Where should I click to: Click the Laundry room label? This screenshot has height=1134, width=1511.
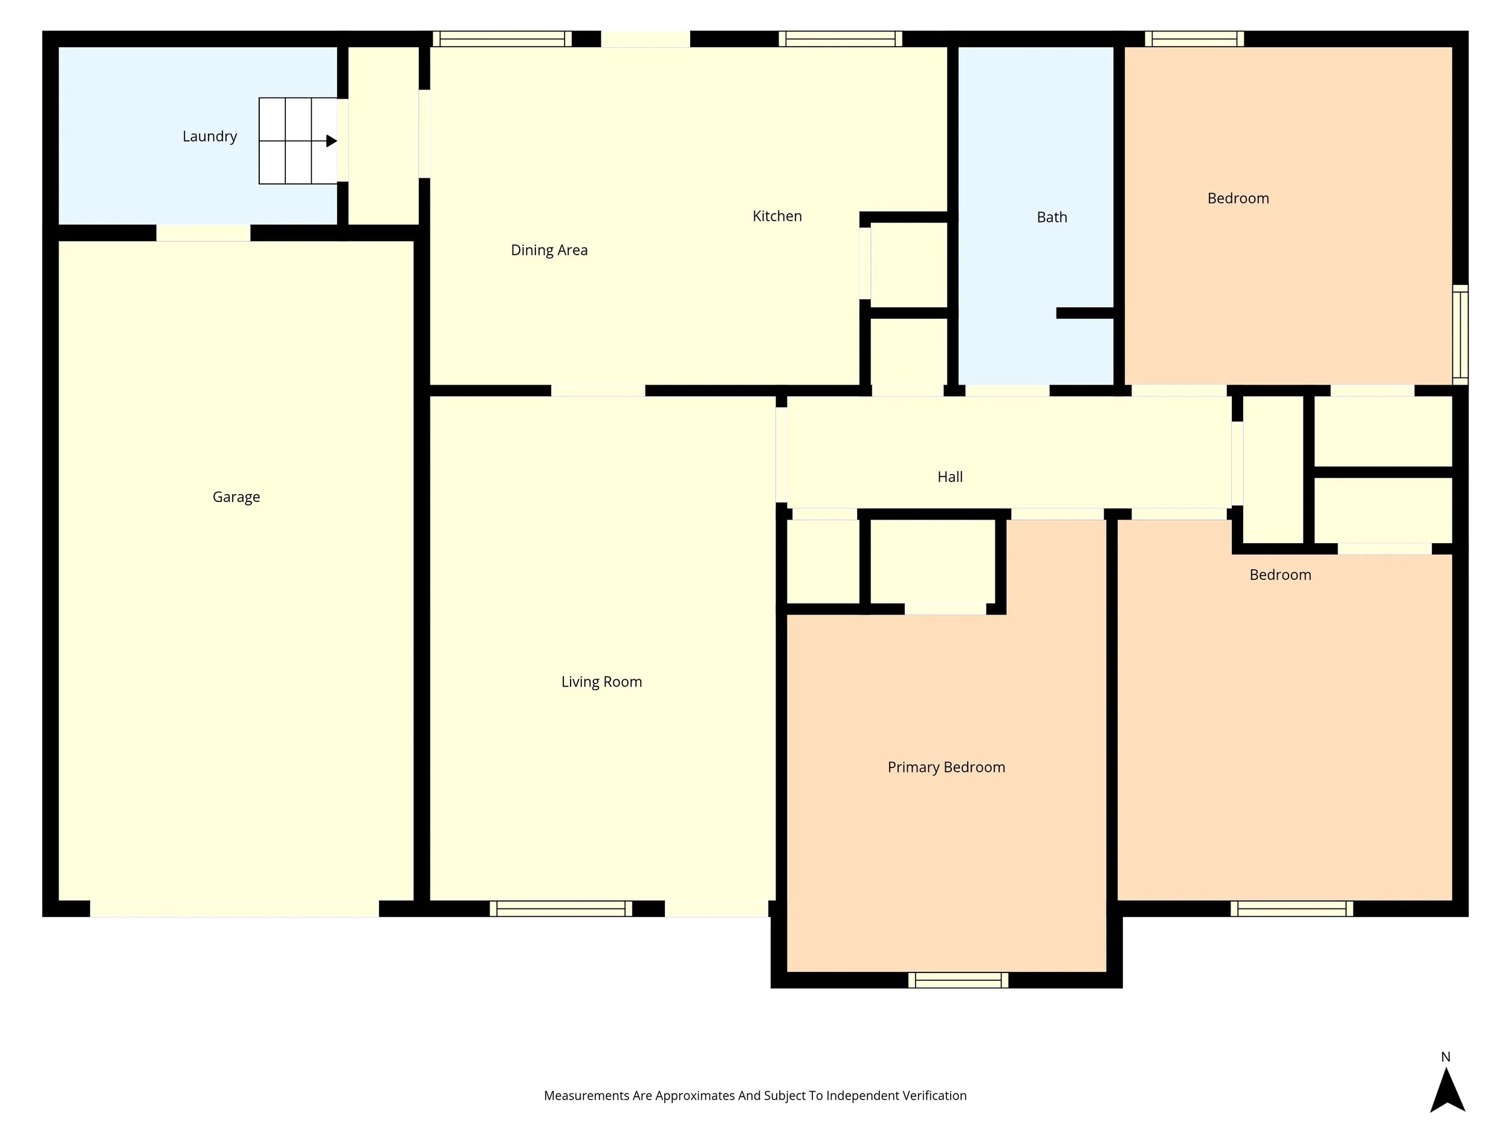pyautogui.click(x=209, y=136)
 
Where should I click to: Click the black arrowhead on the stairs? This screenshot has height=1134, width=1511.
pyautogui.click(x=331, y=141)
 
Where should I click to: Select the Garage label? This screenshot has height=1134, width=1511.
pyautogui.click(x=236, y=497)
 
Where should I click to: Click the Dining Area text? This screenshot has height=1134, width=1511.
pyautogui.click(x=549, y=250)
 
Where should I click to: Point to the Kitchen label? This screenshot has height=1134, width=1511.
pyautogui.click(x=777, y=216)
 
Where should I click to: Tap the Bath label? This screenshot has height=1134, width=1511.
pyautogui.click(x=1051, y=217)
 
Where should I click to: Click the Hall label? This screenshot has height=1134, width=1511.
pyautogui.click(x=950, y=477)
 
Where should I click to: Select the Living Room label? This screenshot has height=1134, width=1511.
pyautogui.click(x=601, y=682)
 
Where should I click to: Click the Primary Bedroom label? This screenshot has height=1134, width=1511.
pyautogui.click(x=945, y=767)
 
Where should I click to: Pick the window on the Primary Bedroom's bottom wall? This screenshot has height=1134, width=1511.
pyautogui.click(x=958, y=980)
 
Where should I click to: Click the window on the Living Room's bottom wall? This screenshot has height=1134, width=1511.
pyautogui.click(x=560, y=908)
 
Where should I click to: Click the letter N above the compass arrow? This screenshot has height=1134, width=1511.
pyautogui.click(x=1446, y=1057)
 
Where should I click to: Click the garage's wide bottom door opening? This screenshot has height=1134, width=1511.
pyautogui.click(x=235, y=908)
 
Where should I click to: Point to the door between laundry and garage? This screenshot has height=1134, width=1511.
pyautogui.click(x=203, y=233)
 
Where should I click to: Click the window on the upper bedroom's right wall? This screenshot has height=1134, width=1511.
pyautogui.click(x=1460, y=334)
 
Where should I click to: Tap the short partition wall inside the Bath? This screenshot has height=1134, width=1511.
pyautogui.click(x=1085, y=313)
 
